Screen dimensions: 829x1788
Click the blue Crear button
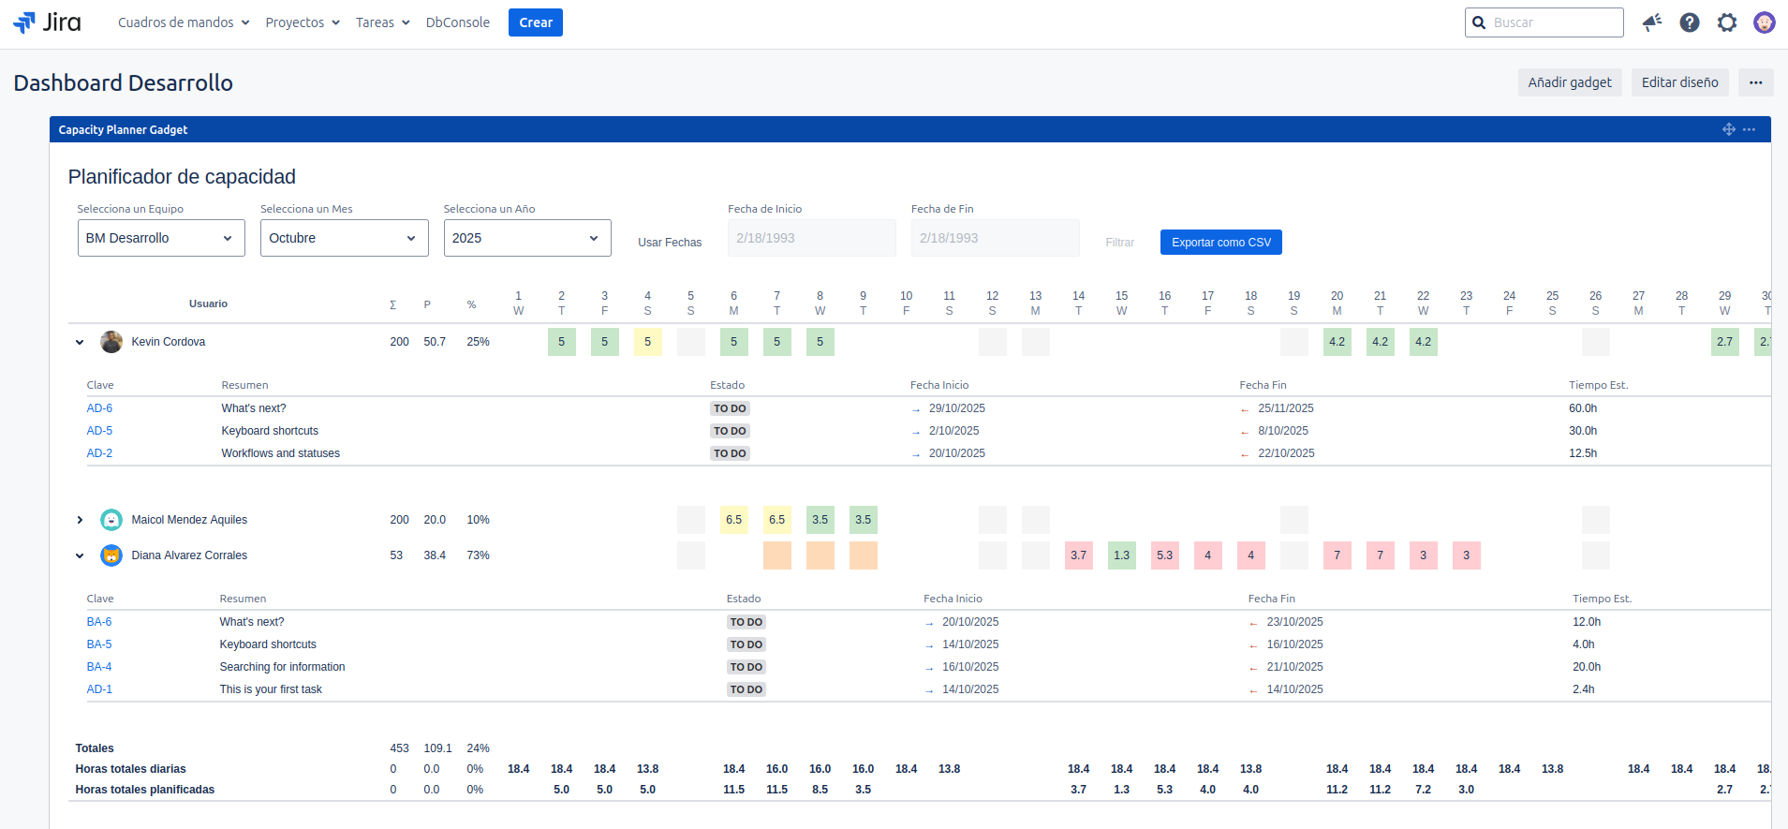coord(535,22)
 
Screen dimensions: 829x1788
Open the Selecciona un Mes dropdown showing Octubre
coord(344,238)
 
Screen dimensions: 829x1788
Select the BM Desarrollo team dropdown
coord(160,238)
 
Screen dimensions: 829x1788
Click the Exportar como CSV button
coord(1220,243)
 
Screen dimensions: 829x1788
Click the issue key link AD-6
coord(99,408)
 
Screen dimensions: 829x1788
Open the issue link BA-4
coord(99,667)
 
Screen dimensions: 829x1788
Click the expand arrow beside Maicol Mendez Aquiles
coord(80,520)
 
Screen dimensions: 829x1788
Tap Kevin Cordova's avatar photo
coord(111,342)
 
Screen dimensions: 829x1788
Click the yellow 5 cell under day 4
coord(647,342)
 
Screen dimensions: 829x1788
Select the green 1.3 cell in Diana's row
coord(1121,555)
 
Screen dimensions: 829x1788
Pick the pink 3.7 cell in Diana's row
coord(1078,555)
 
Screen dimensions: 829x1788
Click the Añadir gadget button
coord(1569,82)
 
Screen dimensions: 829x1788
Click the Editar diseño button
coord(1679,82)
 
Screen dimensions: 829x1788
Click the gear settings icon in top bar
coord(1726,22)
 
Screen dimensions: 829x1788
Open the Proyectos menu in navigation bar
coord(302,22)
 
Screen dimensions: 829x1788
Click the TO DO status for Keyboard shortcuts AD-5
coord(730,431)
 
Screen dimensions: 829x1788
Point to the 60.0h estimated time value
coord(1583,408)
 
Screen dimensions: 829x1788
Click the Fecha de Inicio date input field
coord(811,238)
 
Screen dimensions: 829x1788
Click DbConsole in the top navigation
coord(457,22)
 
